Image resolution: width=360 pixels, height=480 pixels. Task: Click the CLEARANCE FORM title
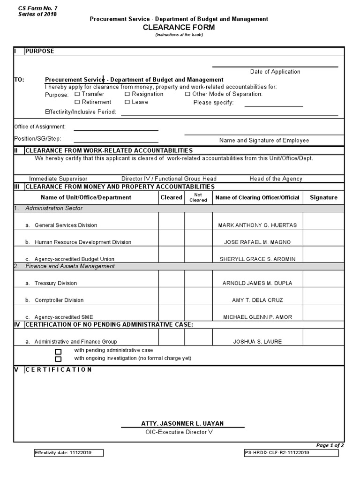179,28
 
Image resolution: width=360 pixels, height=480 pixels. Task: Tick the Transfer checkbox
78,94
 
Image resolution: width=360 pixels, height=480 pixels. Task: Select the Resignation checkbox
127,94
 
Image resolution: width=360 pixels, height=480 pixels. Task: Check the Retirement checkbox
78,102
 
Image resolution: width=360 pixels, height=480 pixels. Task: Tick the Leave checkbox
127,102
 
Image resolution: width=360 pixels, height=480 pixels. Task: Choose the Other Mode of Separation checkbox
187,94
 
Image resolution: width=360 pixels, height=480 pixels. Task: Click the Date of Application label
275,72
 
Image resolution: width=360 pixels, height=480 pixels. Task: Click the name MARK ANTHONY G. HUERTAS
257,225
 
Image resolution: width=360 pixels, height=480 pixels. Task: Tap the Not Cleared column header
198,197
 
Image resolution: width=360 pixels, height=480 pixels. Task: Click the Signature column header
323,197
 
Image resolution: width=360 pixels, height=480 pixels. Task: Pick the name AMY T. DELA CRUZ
257,300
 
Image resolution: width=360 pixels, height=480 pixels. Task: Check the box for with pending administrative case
58,351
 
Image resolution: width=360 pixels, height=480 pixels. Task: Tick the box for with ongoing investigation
58,359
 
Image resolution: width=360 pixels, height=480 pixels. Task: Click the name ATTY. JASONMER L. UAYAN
182,423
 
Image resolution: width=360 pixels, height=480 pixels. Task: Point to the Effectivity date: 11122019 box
68,453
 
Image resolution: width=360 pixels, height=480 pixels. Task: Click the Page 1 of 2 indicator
330,445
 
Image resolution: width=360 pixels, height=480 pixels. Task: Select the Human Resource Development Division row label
82,242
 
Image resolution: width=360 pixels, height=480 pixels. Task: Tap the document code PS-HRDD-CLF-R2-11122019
277,453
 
